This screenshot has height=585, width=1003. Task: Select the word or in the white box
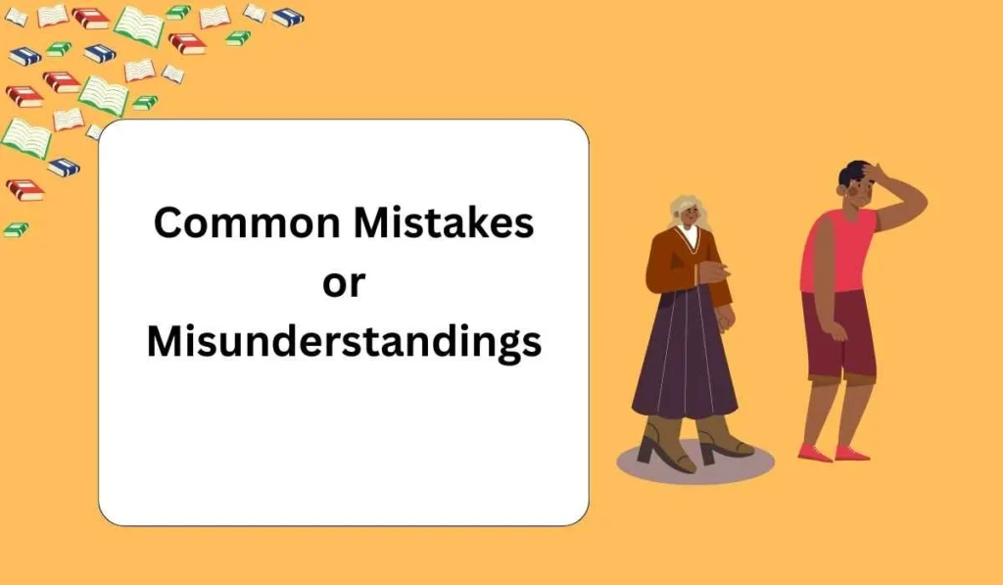point(343,283)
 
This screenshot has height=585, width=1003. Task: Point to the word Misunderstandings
point(344,344)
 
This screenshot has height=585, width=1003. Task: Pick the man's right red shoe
point(851,453)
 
